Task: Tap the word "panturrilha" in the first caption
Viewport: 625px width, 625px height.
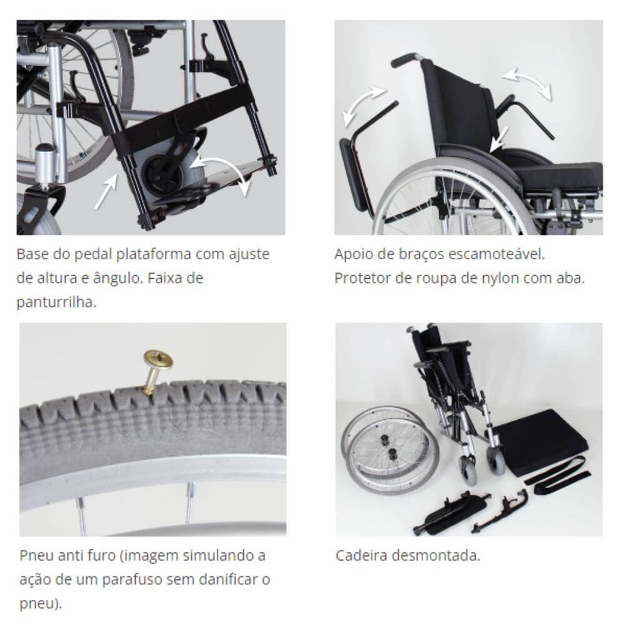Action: (56, 302)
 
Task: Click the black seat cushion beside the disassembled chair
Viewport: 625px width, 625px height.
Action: (541, 441)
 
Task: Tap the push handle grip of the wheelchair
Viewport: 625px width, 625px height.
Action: (404, 60)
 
